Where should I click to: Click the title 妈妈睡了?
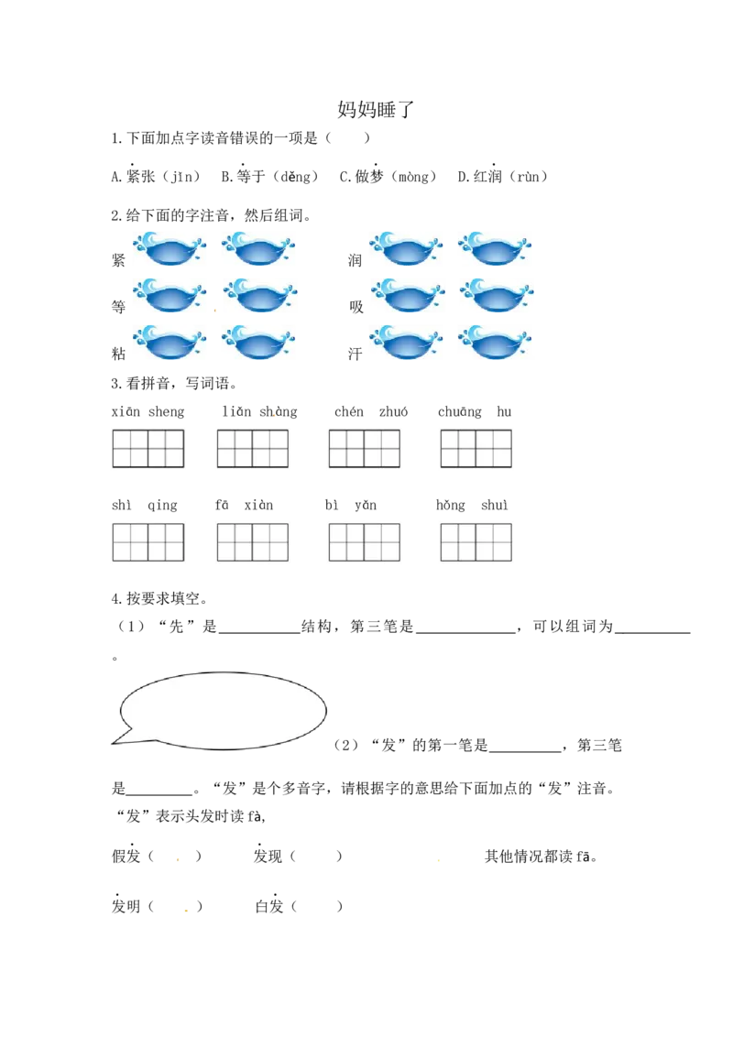click(x=375, y=109)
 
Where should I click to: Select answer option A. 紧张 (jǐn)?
click(x=156, y=176)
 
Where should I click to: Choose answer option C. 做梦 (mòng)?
click(x=388, y=176)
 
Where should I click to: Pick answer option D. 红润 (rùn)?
click(x=502, y=176)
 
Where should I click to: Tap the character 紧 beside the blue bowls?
click(x=118, y=260)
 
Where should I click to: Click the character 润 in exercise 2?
click(x=356, y=260)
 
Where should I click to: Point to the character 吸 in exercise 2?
click(x=356, y=306)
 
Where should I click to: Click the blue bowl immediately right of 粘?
click(x=170, y=342)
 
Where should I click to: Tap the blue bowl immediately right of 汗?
click(x=406, y=342)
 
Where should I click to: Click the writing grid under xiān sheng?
click(x=148, y=448)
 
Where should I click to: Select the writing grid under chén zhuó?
click(x=365, y=448)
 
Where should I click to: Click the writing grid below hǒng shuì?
click(x=476, y=542)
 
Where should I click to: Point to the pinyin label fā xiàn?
click(x=244, y=506)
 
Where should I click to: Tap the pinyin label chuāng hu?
click(x=475, y=412)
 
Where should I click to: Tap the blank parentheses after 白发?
click(x=316, y=907)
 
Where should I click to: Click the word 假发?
click(x=126, y=856)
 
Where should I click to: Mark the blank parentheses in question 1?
click(x=347, y=138)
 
